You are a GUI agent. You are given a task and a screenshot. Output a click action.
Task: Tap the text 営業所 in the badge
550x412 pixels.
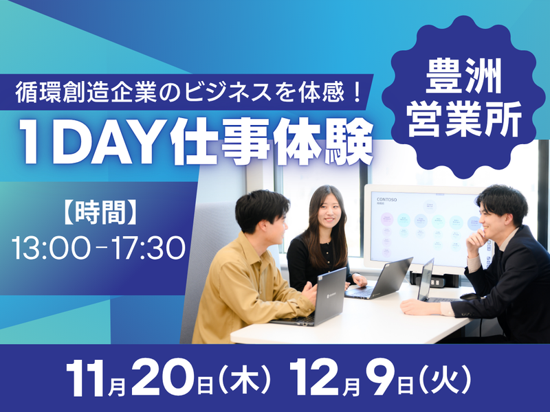coord(465,118)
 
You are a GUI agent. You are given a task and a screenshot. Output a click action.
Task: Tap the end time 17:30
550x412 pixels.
coord(148,248)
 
